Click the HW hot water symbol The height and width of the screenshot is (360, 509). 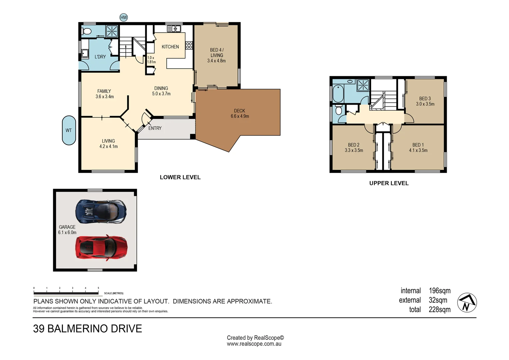[x=124, y=17]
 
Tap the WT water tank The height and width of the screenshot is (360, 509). [x=69, y=130]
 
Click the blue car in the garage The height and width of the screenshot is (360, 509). [x=101, y=211]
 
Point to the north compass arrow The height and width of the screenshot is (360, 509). [x=467, y=303]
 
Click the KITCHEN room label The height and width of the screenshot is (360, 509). [x=170, y=47]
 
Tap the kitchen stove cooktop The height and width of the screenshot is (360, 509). [x=189, y=45]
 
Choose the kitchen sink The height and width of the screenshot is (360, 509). [x=174, y=29]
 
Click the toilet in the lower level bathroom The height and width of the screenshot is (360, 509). [x=87, y=31]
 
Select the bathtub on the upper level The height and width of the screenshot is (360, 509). [x=338, y=94]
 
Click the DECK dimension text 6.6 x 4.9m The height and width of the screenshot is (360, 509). [x=240, y=116]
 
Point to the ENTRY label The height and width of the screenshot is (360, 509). [x=155, y=128]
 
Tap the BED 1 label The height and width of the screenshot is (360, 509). [x=418, y=145]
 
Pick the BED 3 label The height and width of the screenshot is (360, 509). [x=425, y=99]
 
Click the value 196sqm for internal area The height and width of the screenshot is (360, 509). [x=439, y=291]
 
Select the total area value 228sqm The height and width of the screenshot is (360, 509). [x=439, y=310]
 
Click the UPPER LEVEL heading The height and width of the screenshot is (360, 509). [x=389, y=183]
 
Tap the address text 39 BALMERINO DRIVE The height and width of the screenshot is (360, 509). [x=88, y=329]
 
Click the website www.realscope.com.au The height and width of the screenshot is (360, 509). [x=254, y=344]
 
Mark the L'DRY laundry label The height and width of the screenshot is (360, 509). [x=100, y=57]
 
